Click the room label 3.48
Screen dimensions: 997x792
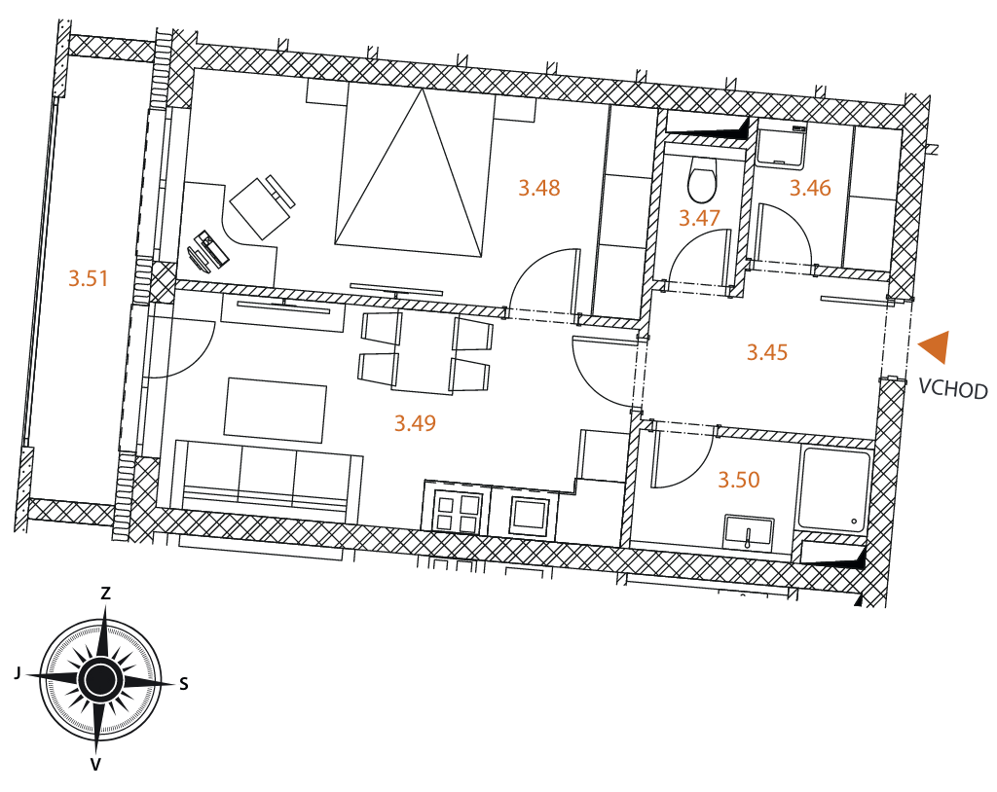tap(538, 188)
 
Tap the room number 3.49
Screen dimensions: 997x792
tap(415, 423)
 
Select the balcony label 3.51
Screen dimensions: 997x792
tap(88, 278)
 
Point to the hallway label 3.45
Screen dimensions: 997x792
tap(767, 352)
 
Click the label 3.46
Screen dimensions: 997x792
tap(810, 188)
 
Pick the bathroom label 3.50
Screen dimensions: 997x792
tap(739, 480)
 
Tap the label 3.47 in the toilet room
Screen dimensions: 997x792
tap(699, 218)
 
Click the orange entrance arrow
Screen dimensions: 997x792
tap(935, 347)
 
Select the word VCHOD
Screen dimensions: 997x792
tap(953, 388)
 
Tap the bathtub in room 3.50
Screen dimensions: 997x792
tap(835, 490)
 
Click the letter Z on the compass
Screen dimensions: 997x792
tap(105, 594)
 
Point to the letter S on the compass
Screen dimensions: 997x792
tap(184, 684)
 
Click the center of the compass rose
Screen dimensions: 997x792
tap(100, 679)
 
